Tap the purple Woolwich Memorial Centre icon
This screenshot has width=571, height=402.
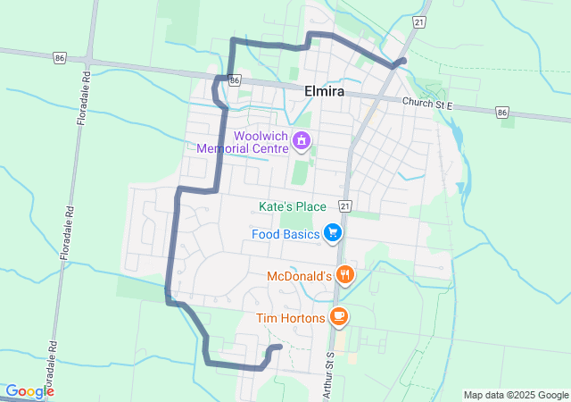tap(302, 140)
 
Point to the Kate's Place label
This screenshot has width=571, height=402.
tap(293, 206)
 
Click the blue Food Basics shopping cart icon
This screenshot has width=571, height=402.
tap(333, 234)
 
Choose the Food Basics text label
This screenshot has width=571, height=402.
tap(285, 234)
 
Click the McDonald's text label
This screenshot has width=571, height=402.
tap(300, 277)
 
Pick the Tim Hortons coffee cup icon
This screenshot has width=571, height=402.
tap(338, 315)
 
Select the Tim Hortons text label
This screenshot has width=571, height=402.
tap(289, 317)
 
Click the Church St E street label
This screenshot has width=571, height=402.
tap(428, 104)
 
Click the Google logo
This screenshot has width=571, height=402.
tap(29, 391)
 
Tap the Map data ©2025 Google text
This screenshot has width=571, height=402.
tap(516, 395)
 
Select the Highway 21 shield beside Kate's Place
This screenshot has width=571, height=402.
tap(345, 206)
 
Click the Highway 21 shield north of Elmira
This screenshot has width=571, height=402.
tap(418, 20)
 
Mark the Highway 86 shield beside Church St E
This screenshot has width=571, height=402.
tap(502, 113)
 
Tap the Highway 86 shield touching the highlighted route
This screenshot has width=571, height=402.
tap(234, 80)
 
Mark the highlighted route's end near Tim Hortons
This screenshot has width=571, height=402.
tap(279, 347)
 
